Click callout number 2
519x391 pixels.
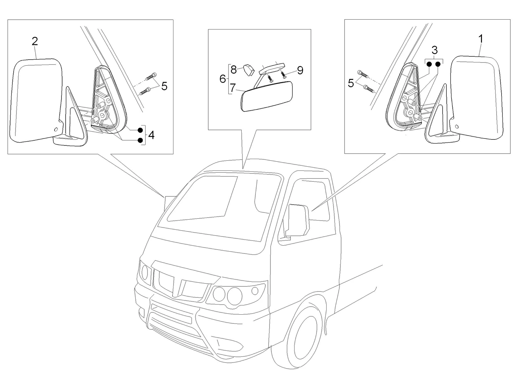coord(35,41)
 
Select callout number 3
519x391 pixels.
coord(434,50)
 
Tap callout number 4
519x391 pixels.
coord(151,135)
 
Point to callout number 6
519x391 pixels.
coord(223,79)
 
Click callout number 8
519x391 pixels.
coord(233,69)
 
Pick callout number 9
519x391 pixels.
coord(300,70)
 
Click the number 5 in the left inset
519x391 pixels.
coord(164,86)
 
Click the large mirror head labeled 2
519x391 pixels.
coord(35,98)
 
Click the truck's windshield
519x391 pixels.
coord(219,206)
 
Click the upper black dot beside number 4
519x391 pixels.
coord(140,130)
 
